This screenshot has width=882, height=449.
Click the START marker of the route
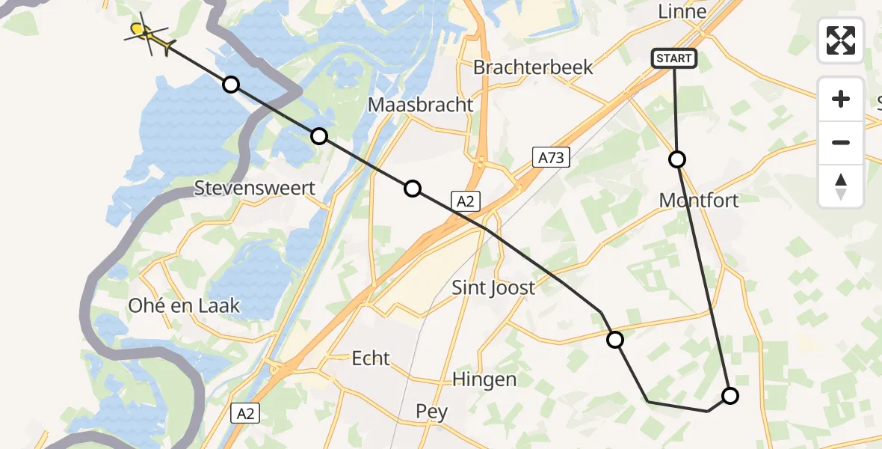674,58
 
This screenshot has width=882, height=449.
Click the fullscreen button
841,40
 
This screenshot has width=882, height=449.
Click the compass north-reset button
841,186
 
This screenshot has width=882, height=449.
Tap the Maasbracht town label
421,105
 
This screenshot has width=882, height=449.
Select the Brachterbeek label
533,67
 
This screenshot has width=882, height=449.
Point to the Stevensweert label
254,188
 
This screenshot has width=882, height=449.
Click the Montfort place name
699,201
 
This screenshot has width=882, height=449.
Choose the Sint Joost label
493,287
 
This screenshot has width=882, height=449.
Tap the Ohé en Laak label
184,305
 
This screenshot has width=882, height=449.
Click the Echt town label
371,358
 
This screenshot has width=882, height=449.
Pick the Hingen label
484,379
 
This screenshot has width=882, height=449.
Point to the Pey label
432,412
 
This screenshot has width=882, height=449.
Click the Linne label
682,12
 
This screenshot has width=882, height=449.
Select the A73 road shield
552,157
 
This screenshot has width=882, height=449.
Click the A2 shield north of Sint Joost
465,200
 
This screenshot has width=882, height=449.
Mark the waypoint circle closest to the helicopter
231,85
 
